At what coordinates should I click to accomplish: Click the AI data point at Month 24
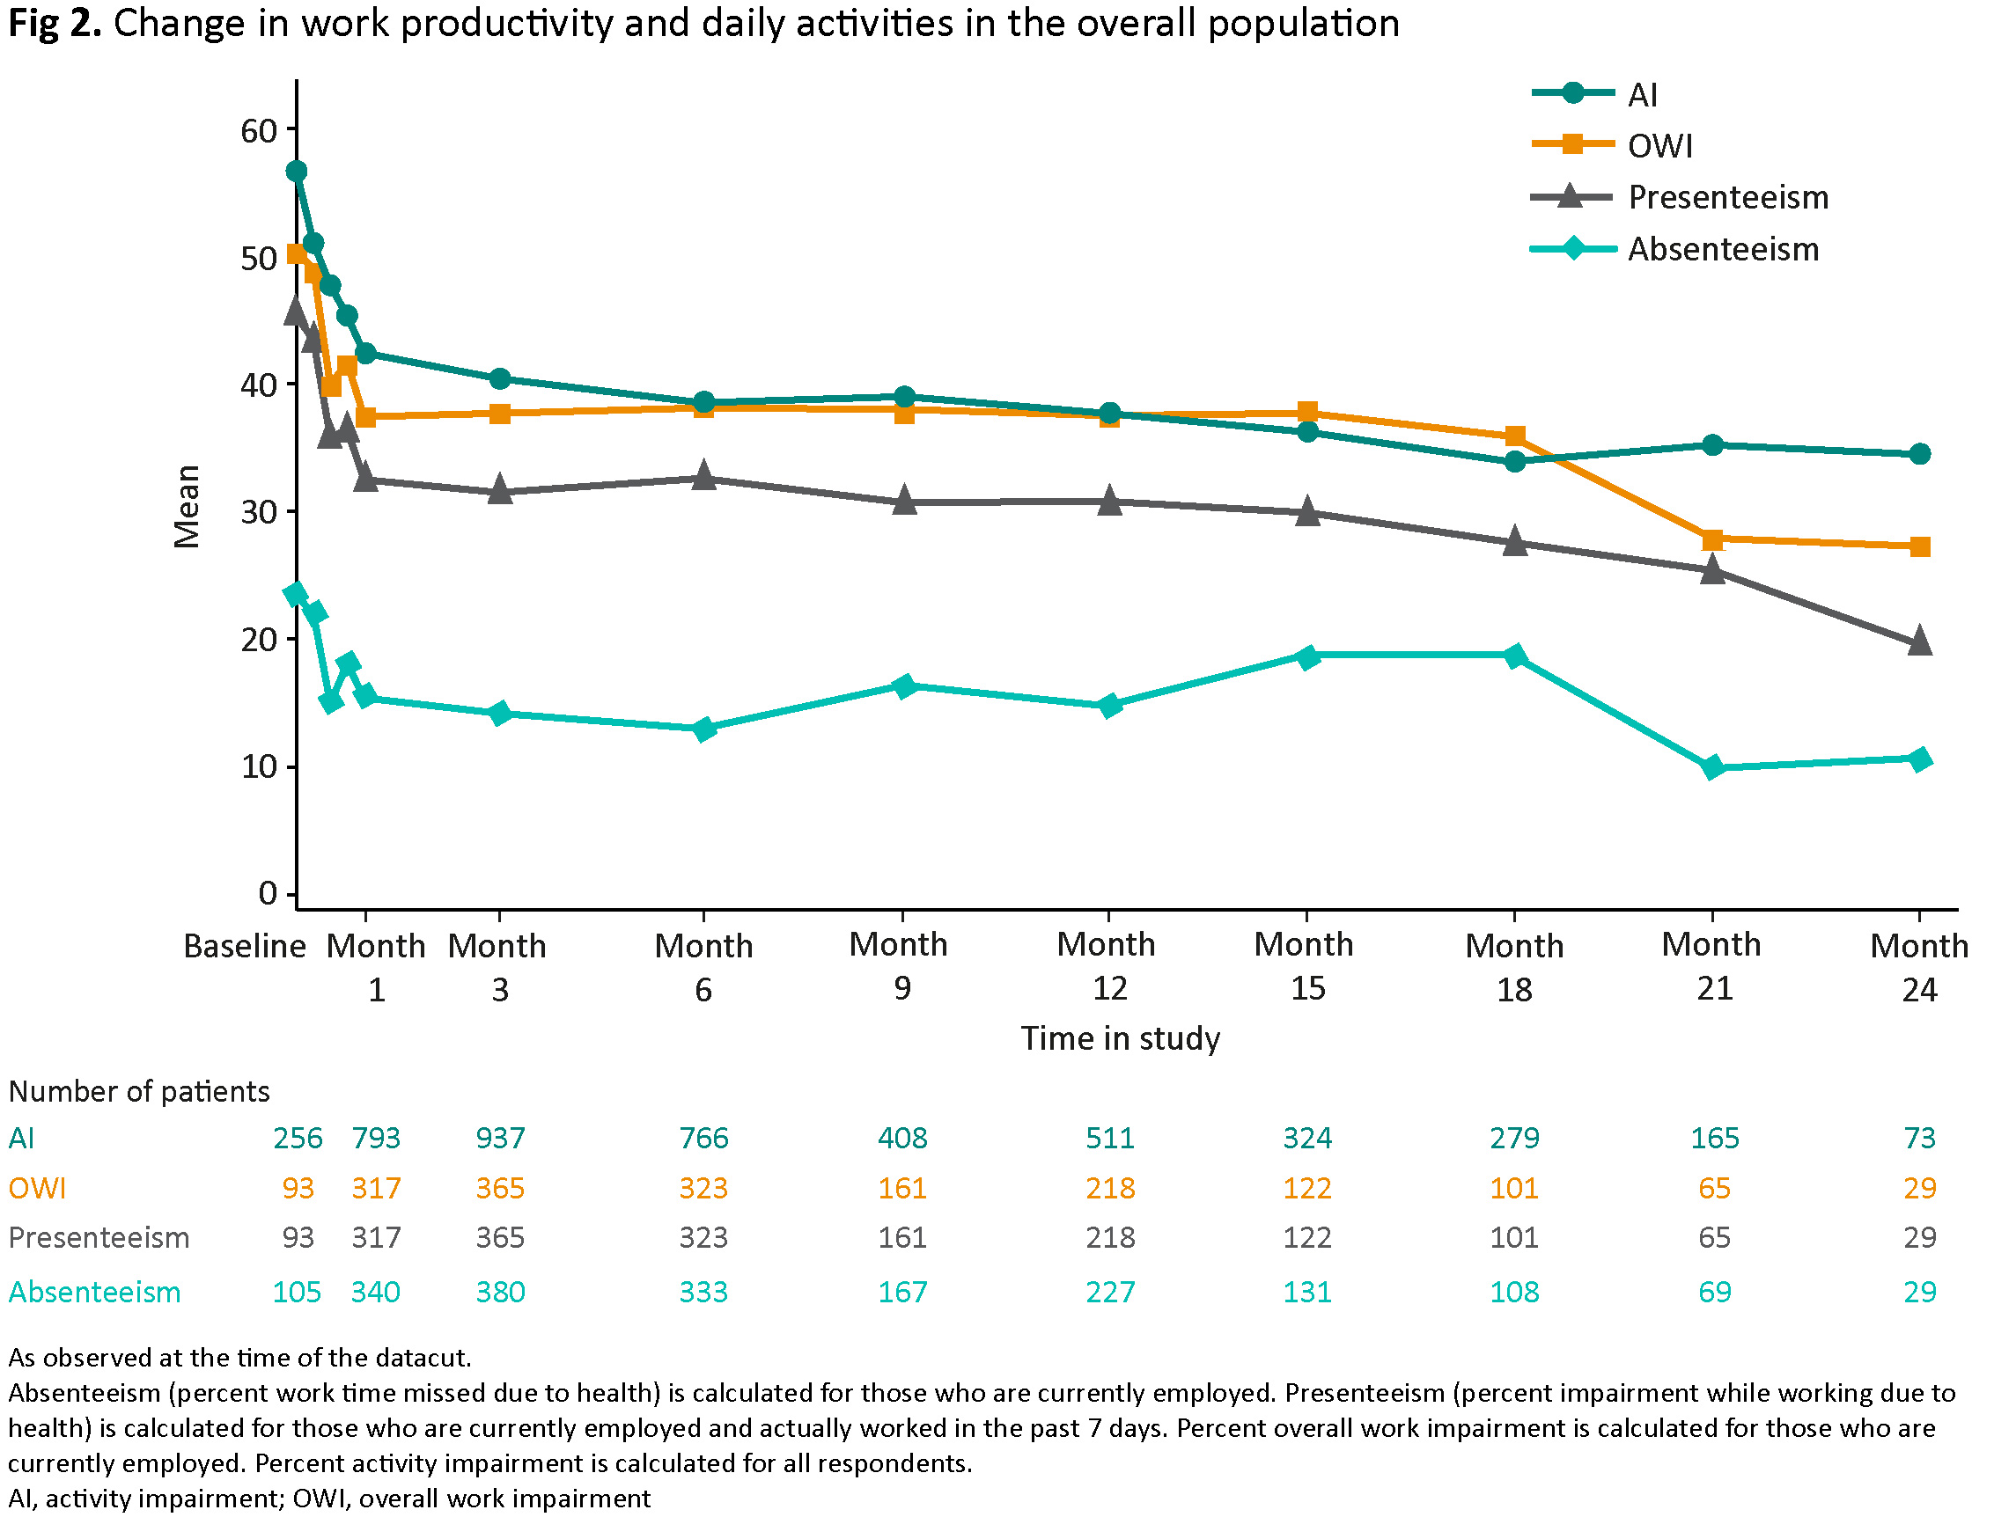tap(1919, 454)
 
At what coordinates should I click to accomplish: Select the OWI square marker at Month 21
tap(1713, 539)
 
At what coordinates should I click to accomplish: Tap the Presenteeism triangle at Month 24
tap(1919, 641)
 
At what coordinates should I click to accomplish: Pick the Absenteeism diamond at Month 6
tap(704, 729)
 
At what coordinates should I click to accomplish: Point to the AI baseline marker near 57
tap(296, 171)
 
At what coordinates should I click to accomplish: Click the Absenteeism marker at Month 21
tap(1713, 766)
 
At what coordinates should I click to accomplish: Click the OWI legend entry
tap(1659, 146)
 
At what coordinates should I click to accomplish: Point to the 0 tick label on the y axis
tap(268, 893)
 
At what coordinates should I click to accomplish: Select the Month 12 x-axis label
tap(1107, 966)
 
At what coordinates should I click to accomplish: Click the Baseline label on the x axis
tap(244, 946)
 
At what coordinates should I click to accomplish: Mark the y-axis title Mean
tap(188, 507)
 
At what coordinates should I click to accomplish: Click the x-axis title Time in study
tap(1121, 1037)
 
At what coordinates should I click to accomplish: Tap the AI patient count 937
tap(500, 1138)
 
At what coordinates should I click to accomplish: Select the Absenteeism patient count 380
tap(500, 1292)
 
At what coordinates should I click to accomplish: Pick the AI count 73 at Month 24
tap(1919, 1138)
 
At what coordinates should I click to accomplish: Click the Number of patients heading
tap(139, 1091)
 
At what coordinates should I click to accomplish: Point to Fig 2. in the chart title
tap(55, 23)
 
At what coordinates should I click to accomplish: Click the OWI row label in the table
tap(38, 1188)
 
